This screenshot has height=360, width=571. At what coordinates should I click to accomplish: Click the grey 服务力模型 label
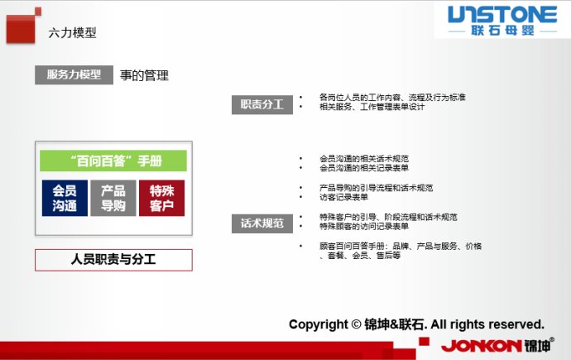[x=74, y=74]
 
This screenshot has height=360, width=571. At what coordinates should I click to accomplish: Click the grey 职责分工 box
[x=262, y=104]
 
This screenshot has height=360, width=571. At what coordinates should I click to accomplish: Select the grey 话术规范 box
[x=262, y=223]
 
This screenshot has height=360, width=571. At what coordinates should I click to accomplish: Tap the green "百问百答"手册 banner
[x=113, y=161]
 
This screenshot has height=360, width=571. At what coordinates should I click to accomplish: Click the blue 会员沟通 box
[x=65, y=198]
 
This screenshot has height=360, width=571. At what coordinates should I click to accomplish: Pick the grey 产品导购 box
[x=113, y=198]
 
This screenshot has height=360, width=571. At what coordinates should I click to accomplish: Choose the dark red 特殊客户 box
[x=161, y=198]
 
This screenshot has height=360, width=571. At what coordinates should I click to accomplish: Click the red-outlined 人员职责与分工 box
[x=113, y=259]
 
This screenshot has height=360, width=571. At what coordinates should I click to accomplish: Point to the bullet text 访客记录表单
[x=343, y=197]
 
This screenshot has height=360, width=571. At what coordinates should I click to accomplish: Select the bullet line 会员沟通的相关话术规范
[x=363, y=158]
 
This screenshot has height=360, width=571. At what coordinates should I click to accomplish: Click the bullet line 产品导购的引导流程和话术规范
[x=375, y=188]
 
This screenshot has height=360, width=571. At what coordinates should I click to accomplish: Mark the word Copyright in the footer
[x=314, y=324]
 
